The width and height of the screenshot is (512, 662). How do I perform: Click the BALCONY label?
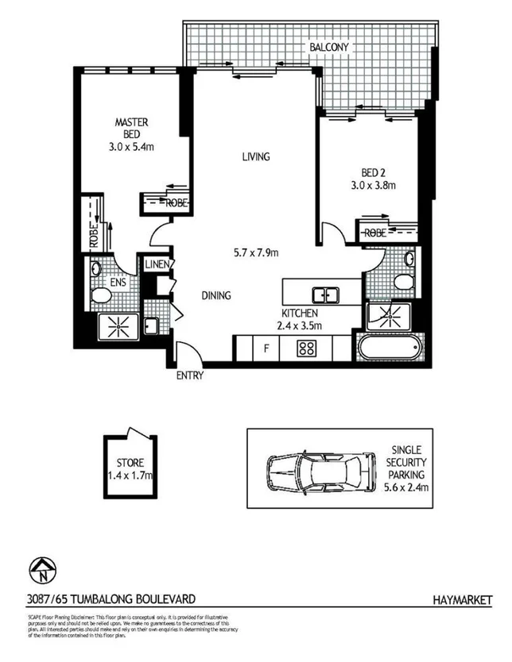[x=328, y=48]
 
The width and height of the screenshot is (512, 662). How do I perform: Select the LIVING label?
[x=256, y=156]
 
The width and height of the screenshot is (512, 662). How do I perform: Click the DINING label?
[x=215, y=296]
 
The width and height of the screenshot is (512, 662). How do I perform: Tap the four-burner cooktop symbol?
[x=307, y=347]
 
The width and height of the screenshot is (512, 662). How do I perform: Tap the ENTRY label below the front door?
[x=190, y=376]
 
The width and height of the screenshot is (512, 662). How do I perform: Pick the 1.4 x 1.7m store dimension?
[x=129, y=475]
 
